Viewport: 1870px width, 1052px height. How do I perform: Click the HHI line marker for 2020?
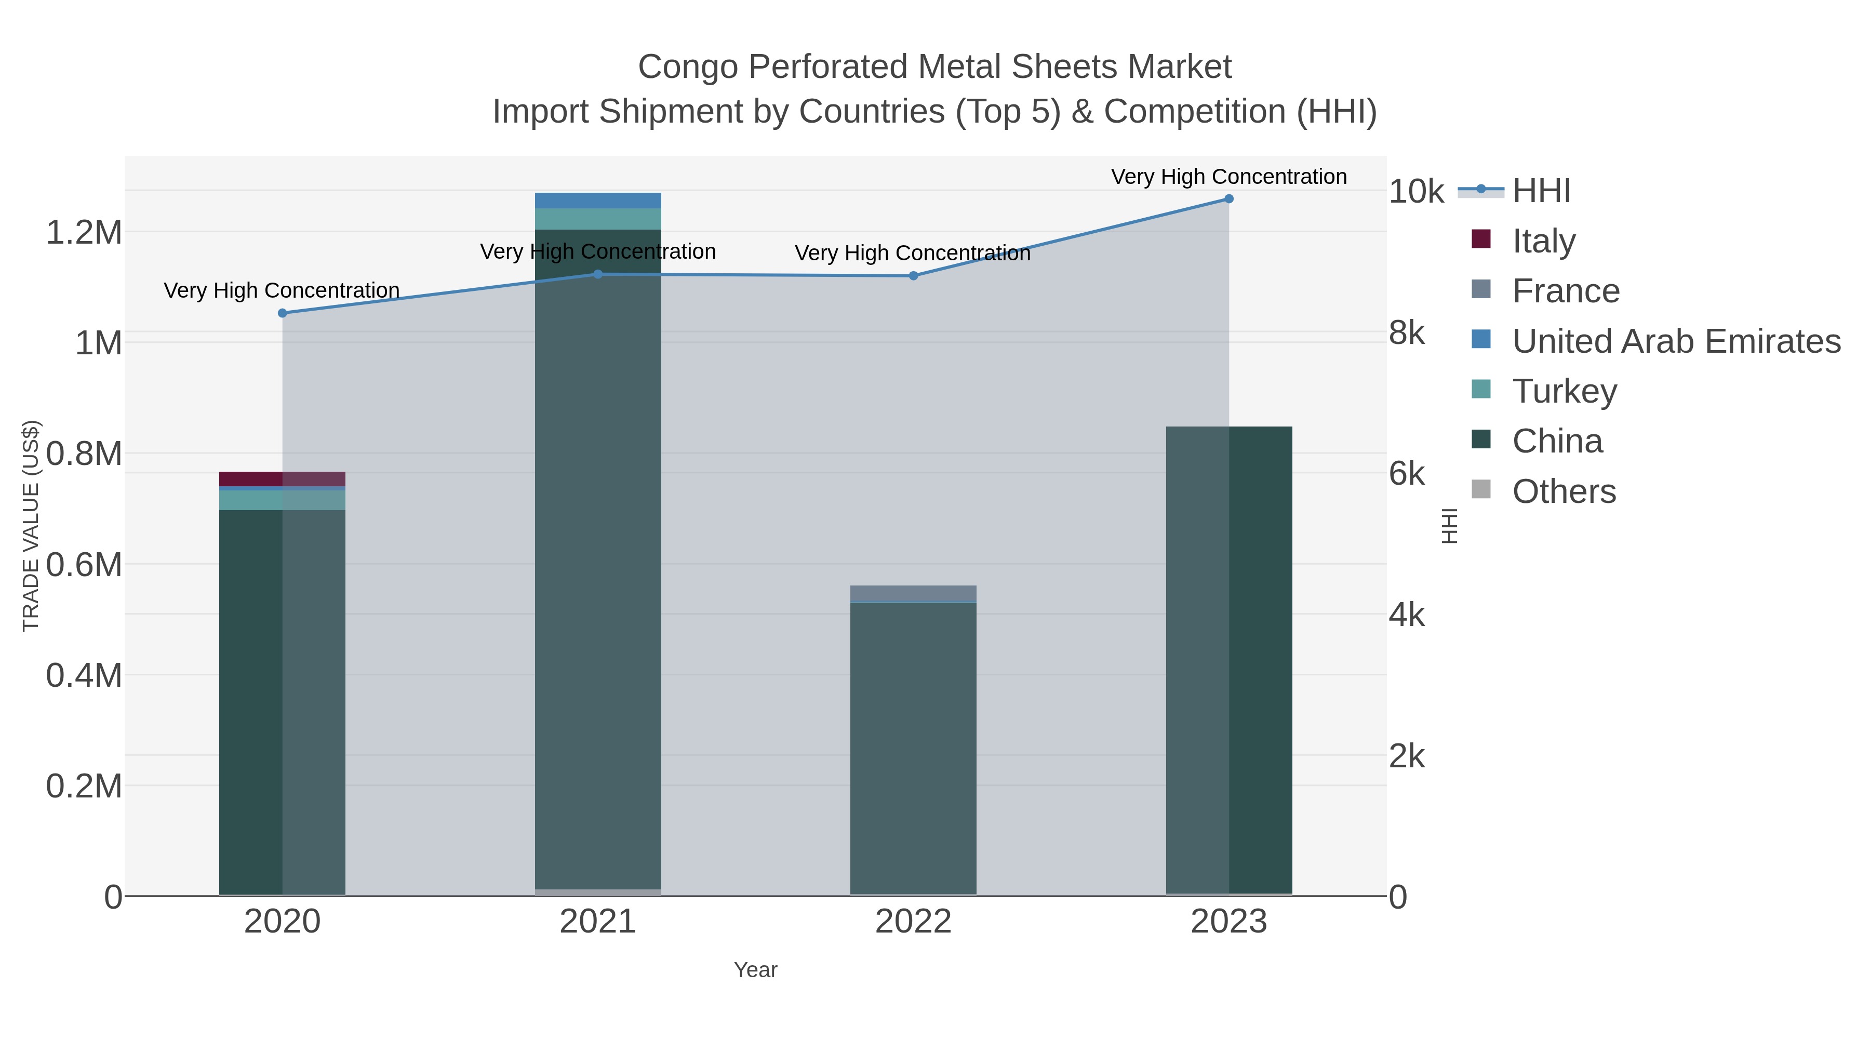click(x=283, y=313)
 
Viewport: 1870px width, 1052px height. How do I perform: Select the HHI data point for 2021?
click(x=597, y=274)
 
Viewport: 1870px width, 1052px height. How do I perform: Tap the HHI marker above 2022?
click(x=913, y=276)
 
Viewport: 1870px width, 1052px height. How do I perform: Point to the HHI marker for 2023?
click(x=1228, y=199)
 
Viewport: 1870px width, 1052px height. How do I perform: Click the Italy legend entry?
click(x=1543, y=241)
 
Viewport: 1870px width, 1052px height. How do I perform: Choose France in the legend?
click(x=1565, y=291)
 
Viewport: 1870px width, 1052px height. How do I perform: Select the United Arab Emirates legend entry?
click(x=1675, y=341)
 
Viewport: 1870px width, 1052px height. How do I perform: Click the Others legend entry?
click(x=1564, y=491)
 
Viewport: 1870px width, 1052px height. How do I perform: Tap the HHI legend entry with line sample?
click(x=1541, y=191)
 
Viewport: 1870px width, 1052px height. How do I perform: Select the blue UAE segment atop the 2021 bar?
click(x=597, y=201)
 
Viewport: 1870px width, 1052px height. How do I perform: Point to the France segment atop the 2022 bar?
click(x=913, y=593)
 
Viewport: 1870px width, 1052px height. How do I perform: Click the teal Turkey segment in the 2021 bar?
click(x=597, y=219)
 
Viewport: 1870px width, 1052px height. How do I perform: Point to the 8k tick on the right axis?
click(x=1406, y=333)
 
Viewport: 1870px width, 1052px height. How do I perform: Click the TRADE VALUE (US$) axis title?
click(x=31, y=526)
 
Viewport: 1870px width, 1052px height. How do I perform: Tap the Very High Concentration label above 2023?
click(x=1228, y=177)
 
